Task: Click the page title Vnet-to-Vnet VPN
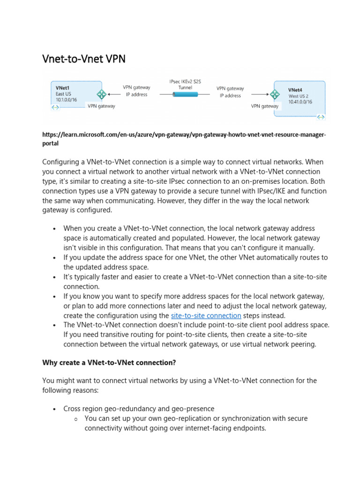pyautogui.click(x=84, y=60)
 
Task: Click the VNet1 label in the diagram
pyautogui.click(x=63, y=88)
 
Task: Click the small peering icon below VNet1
pyautogui.click(x=55, y=108)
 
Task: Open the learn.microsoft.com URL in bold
pyautogui.click(x=184, y=139)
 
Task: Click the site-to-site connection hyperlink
pyautogui.click(x=206, y=315)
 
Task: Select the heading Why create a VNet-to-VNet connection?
pyautogui.click(x=109, y=362)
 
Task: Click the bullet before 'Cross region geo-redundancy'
pyautogui.click(x=55, y=409)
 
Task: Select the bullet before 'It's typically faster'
pyautogui.click(x=55, y=277)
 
